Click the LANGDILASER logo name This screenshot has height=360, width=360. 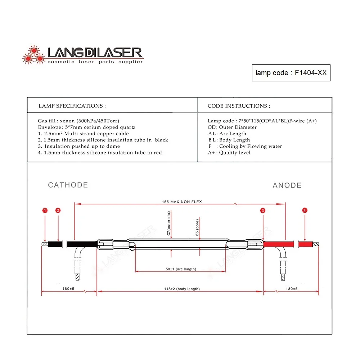tap(95, 53)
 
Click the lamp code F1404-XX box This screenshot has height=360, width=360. tap(291, 73)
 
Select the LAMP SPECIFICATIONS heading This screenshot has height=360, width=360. tap(72, 106)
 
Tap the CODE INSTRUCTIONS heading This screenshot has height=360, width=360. tap(239, 106)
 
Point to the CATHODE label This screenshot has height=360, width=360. tap(68, 185)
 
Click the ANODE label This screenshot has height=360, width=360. tap(287, 185)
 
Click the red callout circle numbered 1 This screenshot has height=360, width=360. tap(45, 210)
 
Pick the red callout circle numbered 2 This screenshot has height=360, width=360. tap(58, 210)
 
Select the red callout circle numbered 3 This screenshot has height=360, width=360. tap(263, 210)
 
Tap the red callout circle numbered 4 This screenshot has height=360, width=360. tap(305, 210)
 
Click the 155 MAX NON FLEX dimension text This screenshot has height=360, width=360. tap(182, 202)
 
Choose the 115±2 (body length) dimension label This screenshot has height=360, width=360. tap(182, 289)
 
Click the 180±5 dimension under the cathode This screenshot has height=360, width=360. tap(68, 289)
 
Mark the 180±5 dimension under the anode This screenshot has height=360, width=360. tap(292, 289)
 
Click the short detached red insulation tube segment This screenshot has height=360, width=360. tap(306, 244)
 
